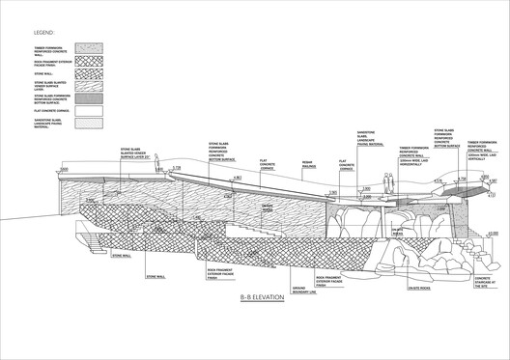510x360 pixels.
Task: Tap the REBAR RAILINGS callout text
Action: [308, 165]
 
